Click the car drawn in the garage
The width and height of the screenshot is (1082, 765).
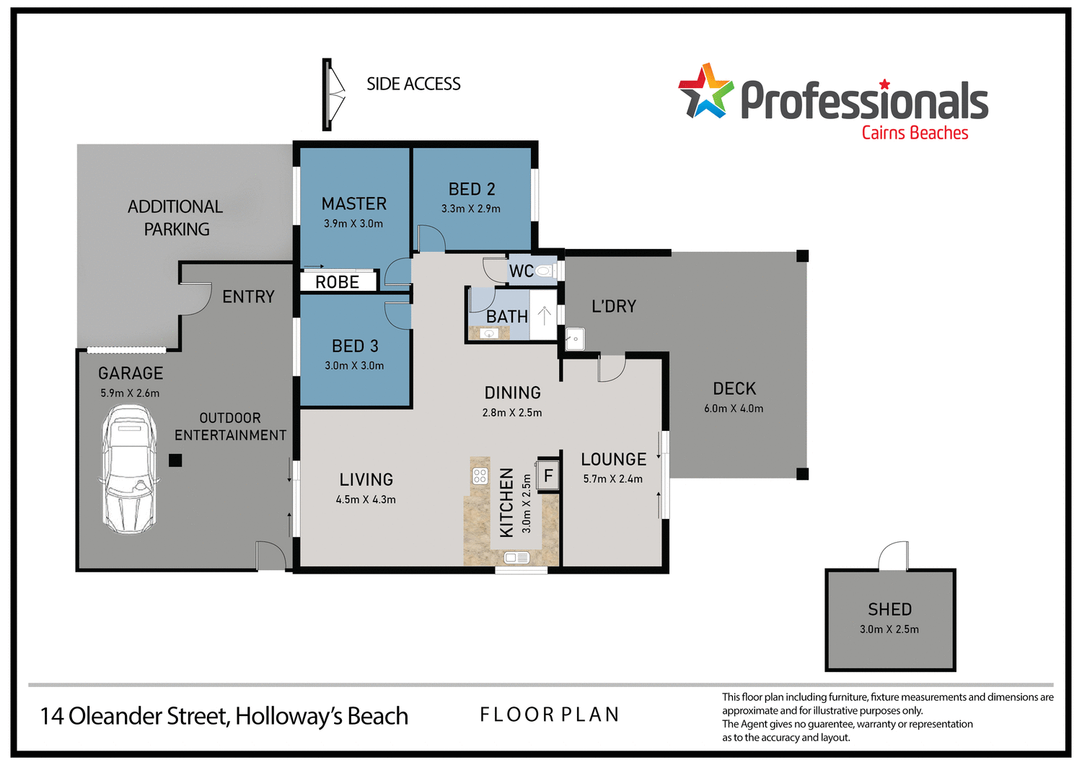point(129,469)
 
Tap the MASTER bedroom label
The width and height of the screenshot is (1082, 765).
point(354,204)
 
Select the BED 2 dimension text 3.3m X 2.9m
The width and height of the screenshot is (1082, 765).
point(471,209)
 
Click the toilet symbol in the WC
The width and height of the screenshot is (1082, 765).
point(545,271)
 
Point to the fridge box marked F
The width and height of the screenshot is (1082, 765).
point(548,476)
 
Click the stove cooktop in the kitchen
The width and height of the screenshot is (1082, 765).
point(480,476)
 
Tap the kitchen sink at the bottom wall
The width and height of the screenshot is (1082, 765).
point(516,557)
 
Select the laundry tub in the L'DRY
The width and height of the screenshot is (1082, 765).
point(575,338)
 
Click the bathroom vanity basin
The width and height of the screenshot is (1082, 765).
point(490,333)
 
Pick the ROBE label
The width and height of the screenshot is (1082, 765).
point(338,282)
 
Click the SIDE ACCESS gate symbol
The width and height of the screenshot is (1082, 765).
point(333,95)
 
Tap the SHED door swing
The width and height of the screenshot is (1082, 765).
point(894,556)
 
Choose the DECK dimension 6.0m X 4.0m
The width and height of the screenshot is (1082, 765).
point(734,408)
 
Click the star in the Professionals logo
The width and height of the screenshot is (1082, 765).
point(705,92)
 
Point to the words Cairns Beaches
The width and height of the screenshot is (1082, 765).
point(915,133)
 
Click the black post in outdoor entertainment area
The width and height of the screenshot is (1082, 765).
point(175,460)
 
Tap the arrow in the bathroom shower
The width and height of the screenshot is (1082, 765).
point(545,315)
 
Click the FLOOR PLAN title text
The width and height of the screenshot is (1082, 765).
point(550,714)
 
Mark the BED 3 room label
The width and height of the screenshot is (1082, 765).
point(355,346)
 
